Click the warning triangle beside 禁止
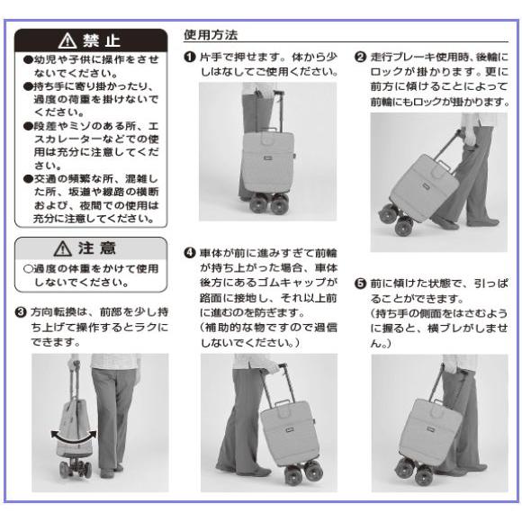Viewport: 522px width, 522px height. click(67, 40)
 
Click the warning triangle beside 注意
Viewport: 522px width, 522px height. click(63, 248)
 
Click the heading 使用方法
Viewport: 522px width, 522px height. click(211, 34)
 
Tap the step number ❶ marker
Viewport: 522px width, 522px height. click(190, 57)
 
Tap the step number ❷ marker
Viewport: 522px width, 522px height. click(361, 57)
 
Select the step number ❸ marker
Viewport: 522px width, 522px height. click(21, 312)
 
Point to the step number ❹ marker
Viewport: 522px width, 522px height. click(190, 253)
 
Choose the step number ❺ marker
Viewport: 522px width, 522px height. click(361, 283)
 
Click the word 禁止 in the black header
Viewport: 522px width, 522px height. click(102, 40)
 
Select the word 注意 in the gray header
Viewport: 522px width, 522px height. click(97, 248)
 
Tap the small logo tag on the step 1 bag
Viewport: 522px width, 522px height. click(267, 158)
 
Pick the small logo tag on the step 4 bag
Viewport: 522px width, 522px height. click(289, 430)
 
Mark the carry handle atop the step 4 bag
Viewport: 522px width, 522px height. click(283, 404)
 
